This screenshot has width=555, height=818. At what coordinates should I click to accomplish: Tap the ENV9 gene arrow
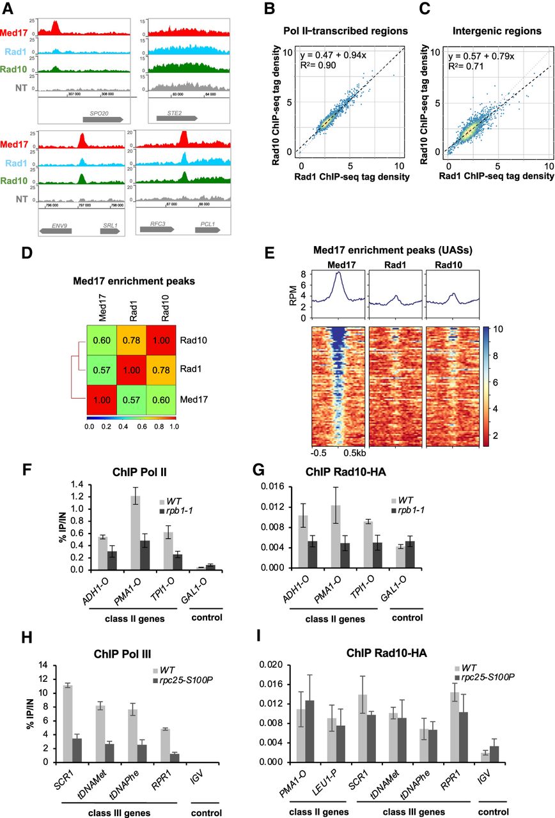pos(54,228)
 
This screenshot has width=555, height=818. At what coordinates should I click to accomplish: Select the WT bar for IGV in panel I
pos(485,757)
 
